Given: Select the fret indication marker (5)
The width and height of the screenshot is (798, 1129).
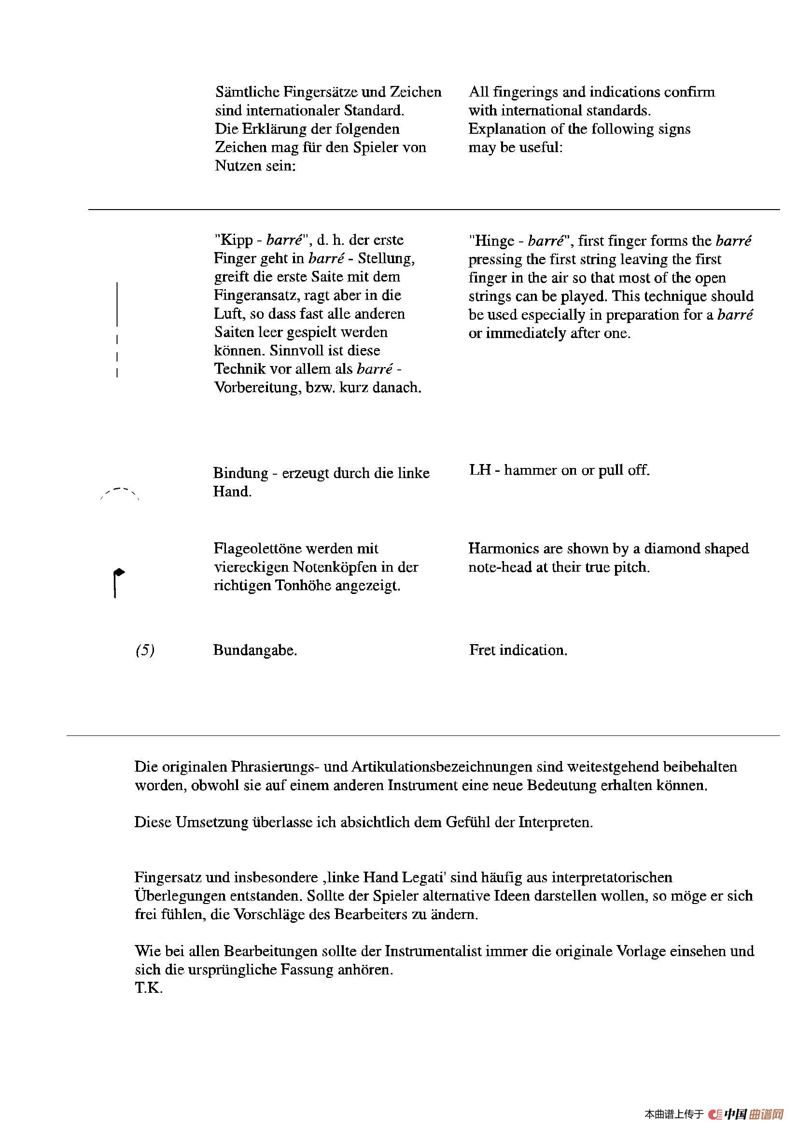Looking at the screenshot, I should coord(144,650).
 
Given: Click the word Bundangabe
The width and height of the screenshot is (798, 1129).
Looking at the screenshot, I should coord(255,650).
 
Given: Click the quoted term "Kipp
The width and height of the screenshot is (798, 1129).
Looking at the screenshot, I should coord(234,240).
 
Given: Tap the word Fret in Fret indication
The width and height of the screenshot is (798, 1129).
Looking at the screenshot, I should coord(482,650).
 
